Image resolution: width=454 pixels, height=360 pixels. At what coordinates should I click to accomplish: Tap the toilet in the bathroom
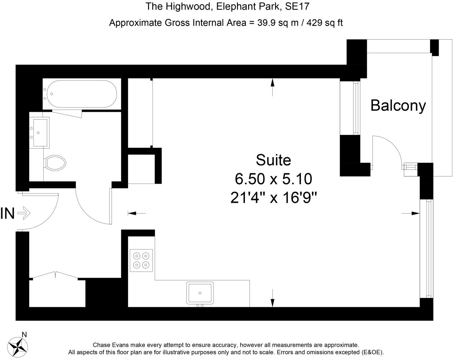[x=55, y=163]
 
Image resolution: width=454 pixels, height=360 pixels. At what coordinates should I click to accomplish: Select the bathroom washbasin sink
[x=40, y=132]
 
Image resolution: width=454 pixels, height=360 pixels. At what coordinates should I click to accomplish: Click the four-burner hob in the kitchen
[x=141, y=260]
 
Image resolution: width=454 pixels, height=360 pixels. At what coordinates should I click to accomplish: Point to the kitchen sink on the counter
[x=200, y=293]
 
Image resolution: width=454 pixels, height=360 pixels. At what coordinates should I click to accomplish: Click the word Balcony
[x=398, y=106]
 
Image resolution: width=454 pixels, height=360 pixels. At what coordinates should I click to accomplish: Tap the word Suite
[x=273, y=160]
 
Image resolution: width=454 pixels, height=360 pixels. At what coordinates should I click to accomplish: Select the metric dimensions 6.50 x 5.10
[x=273, y=179]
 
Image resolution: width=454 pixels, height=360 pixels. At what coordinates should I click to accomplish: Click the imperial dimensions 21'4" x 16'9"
[x=274, y=197]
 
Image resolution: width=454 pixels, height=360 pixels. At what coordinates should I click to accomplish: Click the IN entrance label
[x=8, y=213]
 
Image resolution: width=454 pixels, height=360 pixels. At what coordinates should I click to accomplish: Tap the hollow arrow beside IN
[x=24, y=213]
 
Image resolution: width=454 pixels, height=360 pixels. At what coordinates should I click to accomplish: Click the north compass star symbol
[x=17, y=346]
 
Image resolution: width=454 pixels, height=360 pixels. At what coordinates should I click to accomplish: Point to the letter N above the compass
[x=24, y=335]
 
